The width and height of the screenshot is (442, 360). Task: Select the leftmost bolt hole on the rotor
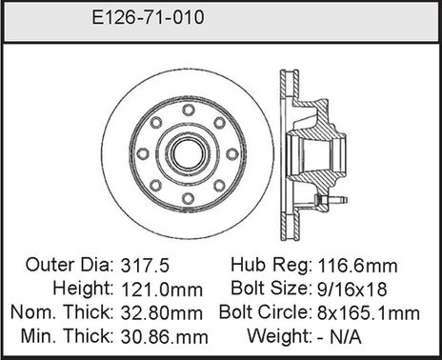140,152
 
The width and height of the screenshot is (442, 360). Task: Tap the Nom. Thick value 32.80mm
162,311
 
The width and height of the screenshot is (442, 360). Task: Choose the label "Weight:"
279,335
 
